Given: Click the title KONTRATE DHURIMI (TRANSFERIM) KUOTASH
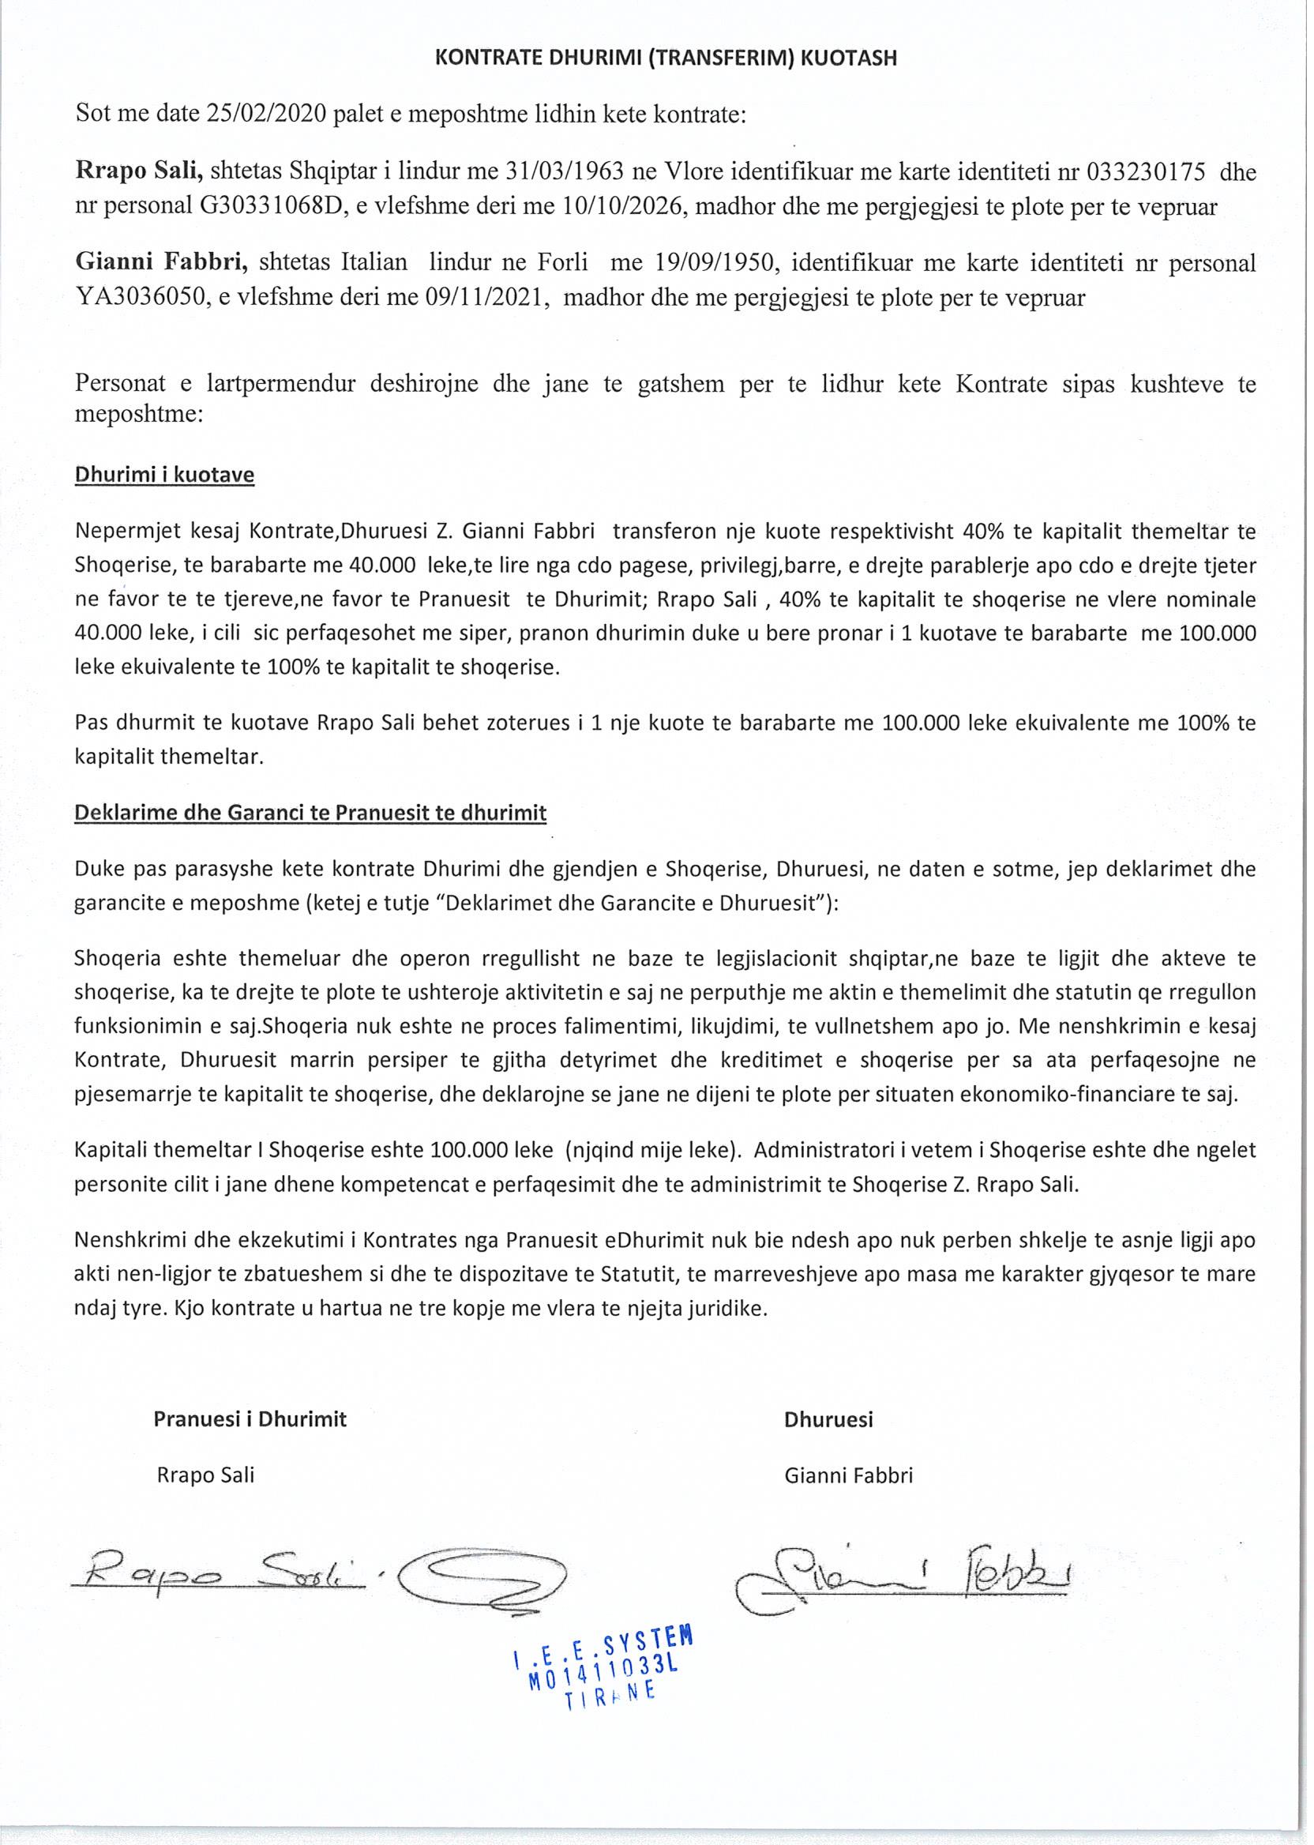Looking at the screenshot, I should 665,58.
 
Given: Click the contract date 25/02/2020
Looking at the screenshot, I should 266,113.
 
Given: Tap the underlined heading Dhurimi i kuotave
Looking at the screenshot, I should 164,475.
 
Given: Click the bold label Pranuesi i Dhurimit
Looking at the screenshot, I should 250,1419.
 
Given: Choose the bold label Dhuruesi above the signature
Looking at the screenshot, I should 828,1419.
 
